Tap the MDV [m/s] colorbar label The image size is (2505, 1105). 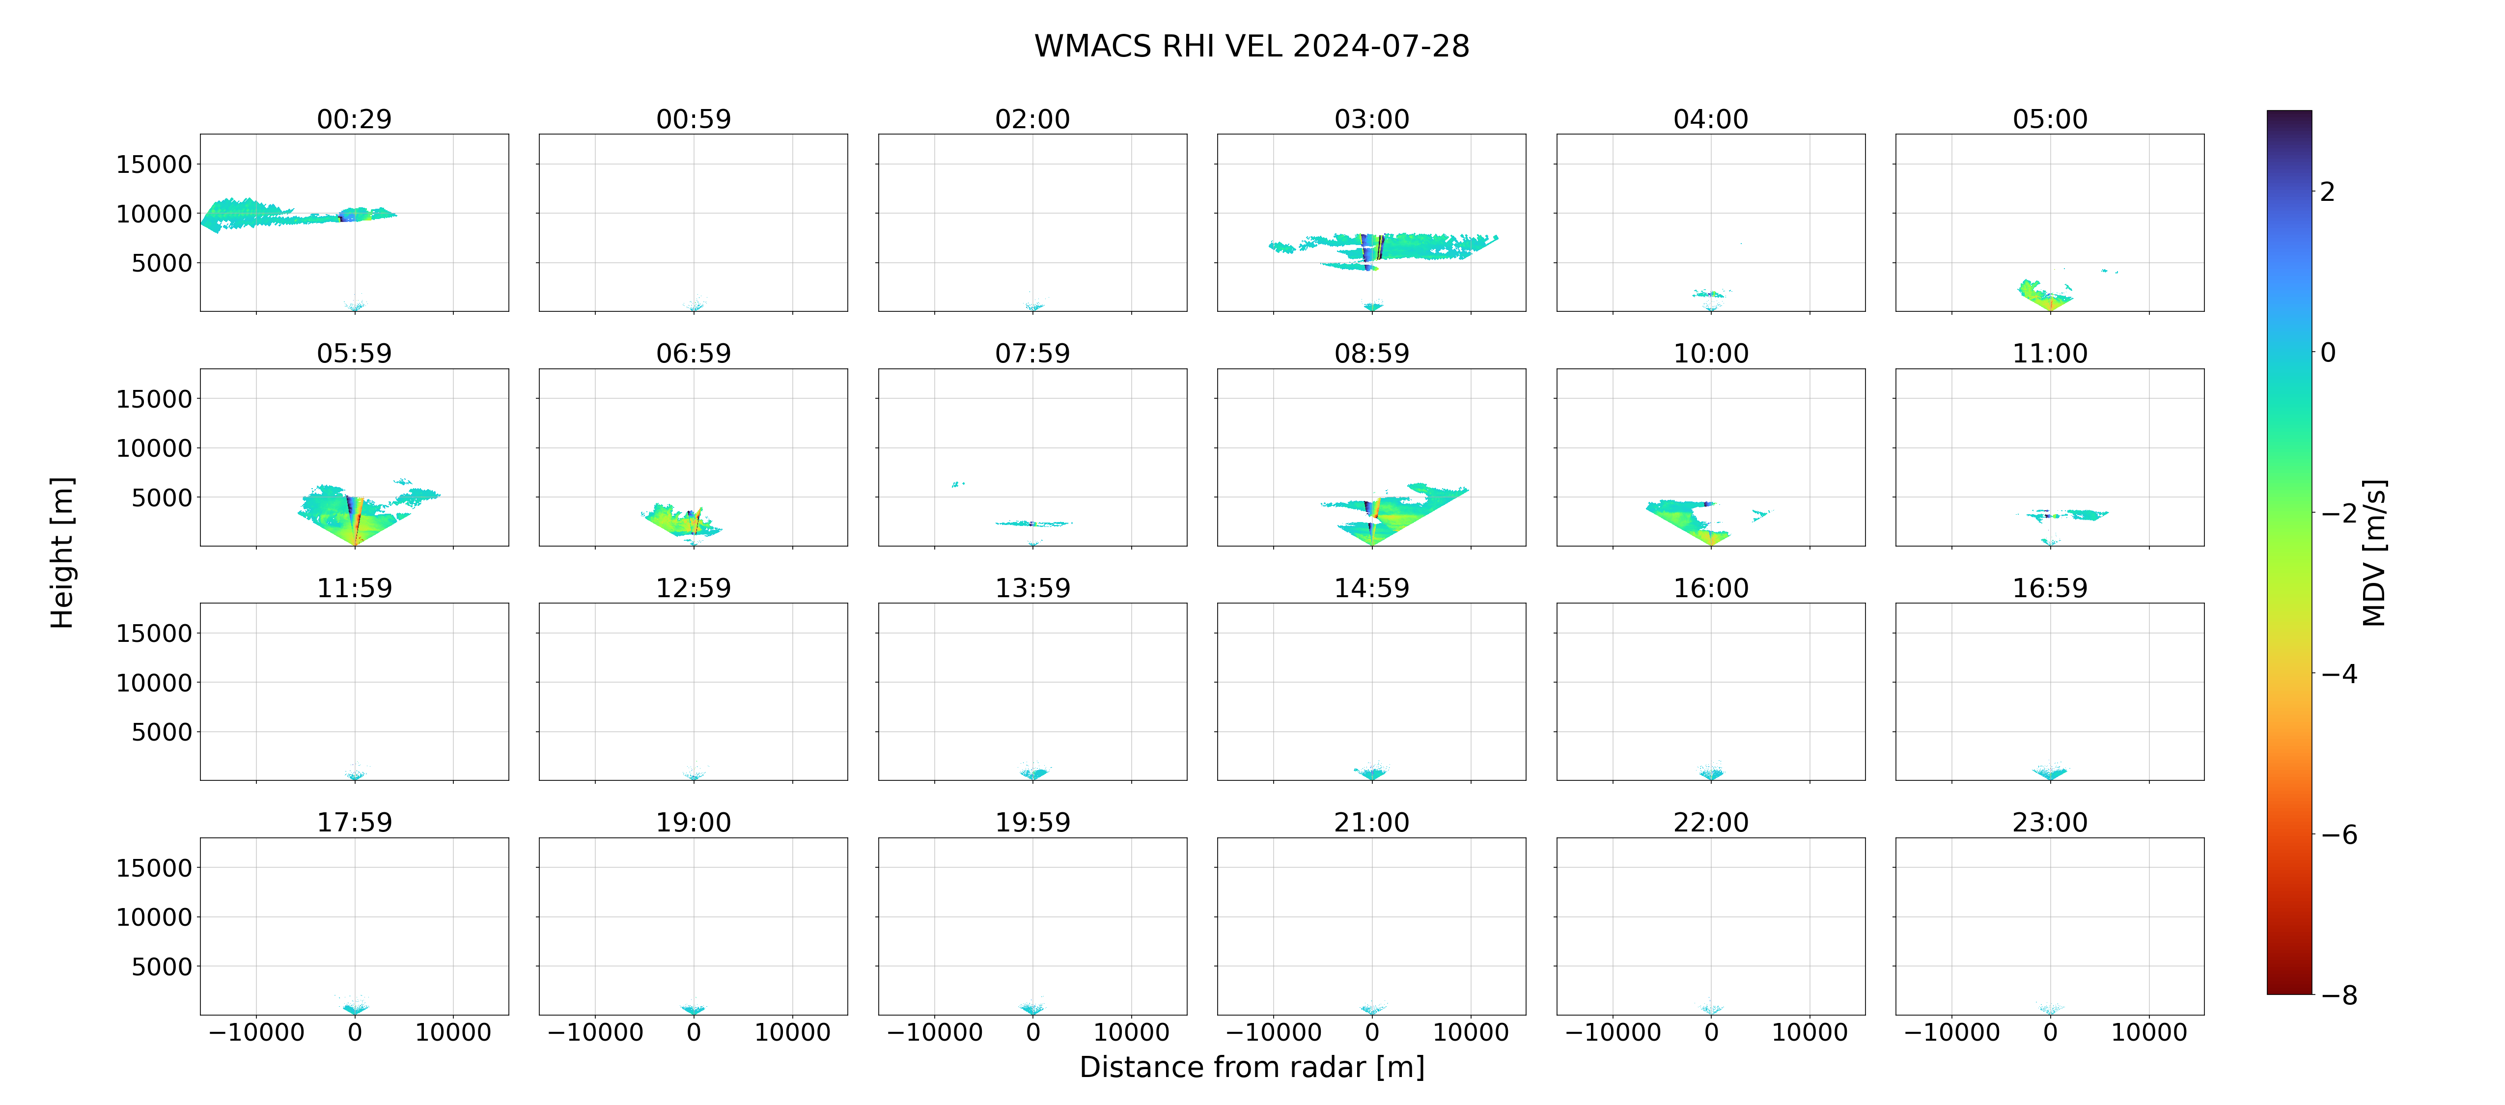(x=2374, y=552)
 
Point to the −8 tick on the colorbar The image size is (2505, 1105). (x=2338, y=995)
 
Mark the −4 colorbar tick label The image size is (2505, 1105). (x=2338, y=674)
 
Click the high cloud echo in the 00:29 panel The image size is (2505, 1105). (x=292, y=214)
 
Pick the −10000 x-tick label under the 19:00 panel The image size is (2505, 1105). (x=595, y=1032)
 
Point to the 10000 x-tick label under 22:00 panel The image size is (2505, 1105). (x=1809, y=1032)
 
